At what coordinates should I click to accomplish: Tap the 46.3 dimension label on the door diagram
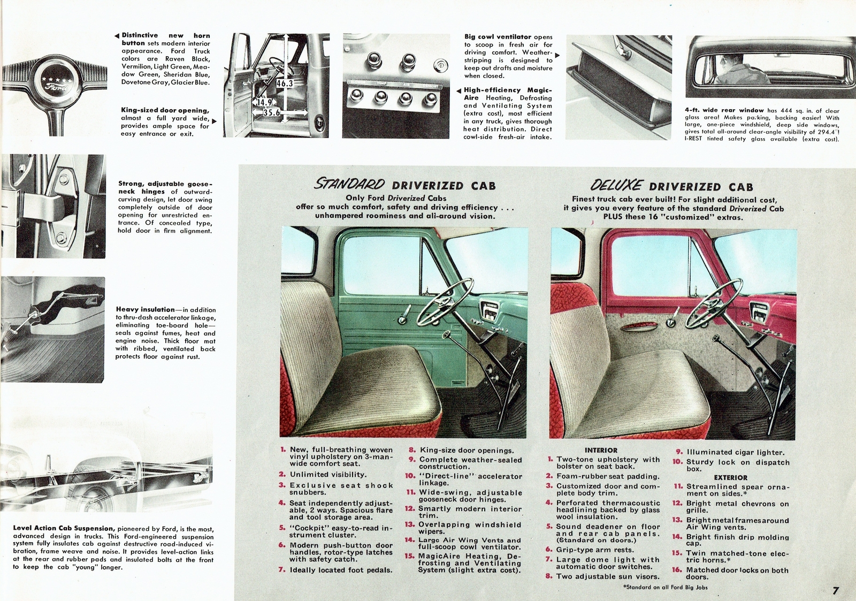285,83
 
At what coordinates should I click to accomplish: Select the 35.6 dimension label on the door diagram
271,113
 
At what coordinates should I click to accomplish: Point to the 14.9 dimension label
264,102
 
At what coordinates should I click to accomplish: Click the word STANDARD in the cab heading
349,185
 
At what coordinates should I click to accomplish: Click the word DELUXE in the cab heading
616,186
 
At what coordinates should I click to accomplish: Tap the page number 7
835,591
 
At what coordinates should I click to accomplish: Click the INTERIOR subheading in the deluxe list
601,451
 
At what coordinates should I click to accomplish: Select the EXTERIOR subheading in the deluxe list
730,477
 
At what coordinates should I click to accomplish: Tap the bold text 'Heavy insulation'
145,309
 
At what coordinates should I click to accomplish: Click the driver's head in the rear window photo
732,59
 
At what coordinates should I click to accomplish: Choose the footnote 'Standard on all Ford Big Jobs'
666,587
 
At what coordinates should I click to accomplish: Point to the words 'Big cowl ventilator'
498,37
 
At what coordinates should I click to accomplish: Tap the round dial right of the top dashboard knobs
439,65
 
